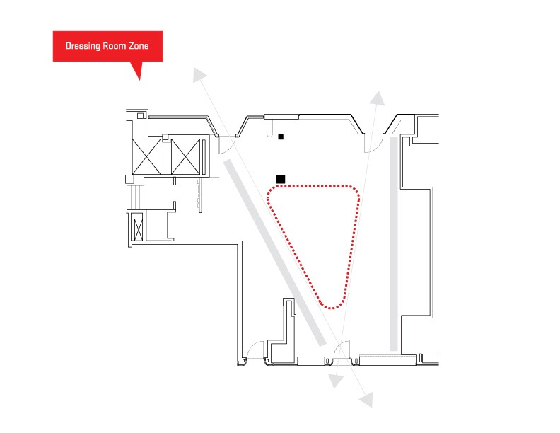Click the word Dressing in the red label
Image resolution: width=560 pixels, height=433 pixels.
pos(83,46)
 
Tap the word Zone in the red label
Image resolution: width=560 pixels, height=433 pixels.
pos(139,46)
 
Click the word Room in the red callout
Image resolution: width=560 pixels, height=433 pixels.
pos(115,46)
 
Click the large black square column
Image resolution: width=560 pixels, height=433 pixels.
pos(281,179)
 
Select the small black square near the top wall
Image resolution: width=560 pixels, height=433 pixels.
pos(281,137)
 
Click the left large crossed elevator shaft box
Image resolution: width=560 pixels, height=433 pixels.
pos(146,156)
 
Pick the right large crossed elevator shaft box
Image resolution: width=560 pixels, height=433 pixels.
pos(185,156)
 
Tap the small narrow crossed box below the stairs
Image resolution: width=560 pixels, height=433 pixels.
pos(138,229)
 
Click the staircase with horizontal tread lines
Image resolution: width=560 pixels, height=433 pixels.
pos(135,196)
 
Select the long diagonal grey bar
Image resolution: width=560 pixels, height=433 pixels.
pos(274,253)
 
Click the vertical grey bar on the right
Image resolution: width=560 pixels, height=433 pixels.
pos(394,244)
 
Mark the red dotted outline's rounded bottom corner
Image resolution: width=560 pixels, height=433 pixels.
pos(332,308)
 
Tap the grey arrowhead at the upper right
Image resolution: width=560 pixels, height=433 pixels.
pos(378,98)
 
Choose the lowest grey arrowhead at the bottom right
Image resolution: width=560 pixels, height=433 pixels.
pos(367,400)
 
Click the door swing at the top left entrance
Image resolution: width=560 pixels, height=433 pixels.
pos(228,147)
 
